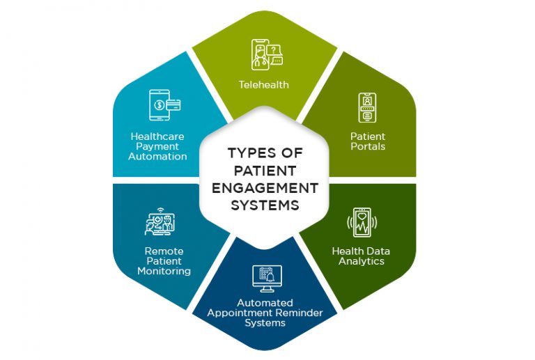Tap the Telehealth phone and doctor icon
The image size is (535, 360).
[x=265, y=55]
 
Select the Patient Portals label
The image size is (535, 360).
[x=368, y=141]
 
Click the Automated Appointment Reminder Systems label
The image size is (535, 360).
[x=265, y=313]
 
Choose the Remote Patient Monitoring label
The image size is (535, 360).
[x=164, y=261]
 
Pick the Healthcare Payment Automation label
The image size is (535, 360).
[x=158, y=146]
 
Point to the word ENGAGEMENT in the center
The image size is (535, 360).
[x=265, y=189]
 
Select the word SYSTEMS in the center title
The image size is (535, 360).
[x=265, y=205]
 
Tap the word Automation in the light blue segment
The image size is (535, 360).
[x=158, y=156]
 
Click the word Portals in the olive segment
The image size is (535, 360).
[x=368, y=146]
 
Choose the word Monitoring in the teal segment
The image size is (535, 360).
[x=164, y=271]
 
